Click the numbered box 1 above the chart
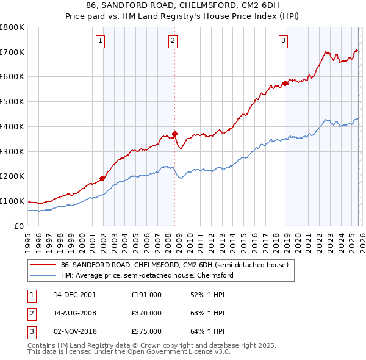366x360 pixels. [100, 41]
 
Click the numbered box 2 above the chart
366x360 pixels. [173, 41]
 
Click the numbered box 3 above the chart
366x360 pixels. [284, 41]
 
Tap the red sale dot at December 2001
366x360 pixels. [102, 178]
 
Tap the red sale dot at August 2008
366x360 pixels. [174, 134]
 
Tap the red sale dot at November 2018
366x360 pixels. [285, 83]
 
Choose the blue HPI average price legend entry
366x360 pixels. [146, 276]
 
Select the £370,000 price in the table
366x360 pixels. [146, 313]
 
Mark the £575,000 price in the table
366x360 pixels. [146, 332]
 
